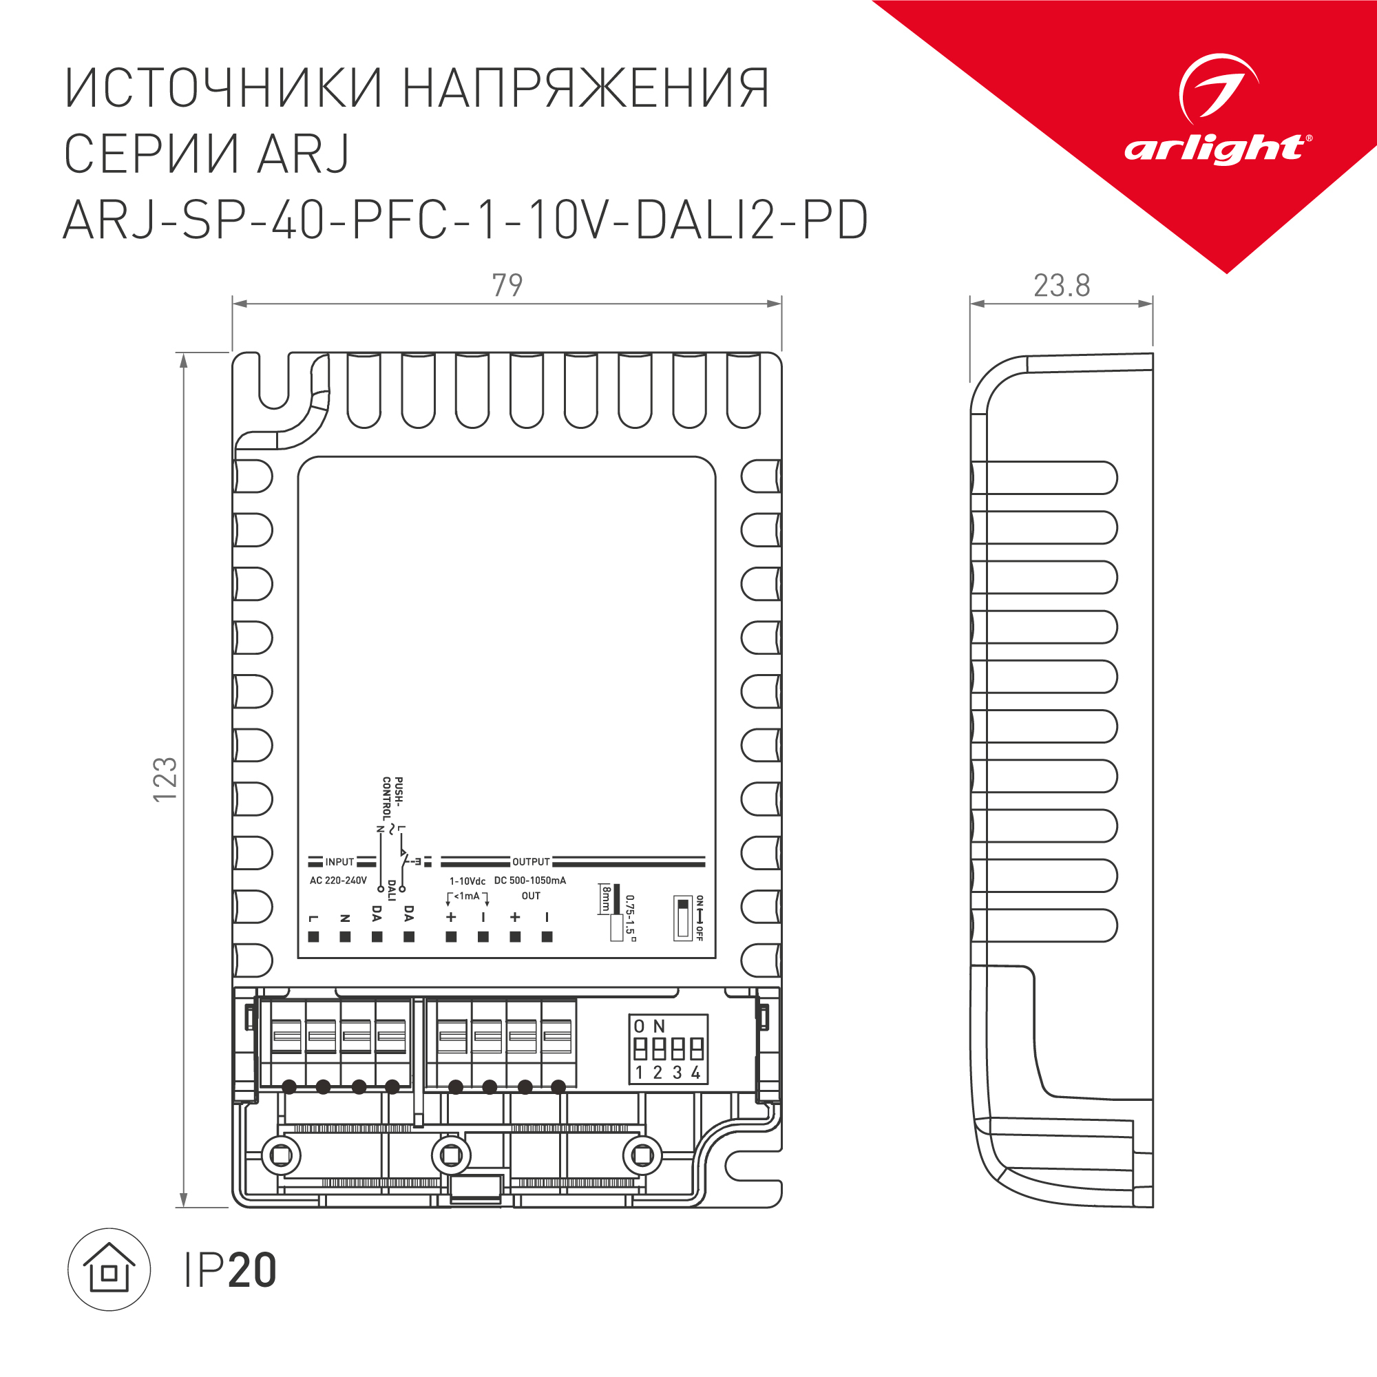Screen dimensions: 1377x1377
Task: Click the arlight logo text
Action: tap(1214, 149)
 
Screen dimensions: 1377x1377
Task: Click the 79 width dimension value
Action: tap(507, 285)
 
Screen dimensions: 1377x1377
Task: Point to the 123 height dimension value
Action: tap(165, 779)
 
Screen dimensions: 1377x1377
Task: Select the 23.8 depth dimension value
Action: tap(1061, 286)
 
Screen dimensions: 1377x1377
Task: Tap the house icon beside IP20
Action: tap(109, 1270)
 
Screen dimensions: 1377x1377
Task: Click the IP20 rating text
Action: tap(229, 1270)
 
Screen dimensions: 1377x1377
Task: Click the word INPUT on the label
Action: tap(339, 862)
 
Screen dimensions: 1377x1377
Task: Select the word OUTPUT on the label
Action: tap(531, 862)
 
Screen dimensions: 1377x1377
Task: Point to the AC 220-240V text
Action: tap(338, 880)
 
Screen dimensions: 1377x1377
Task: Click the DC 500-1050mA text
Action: tap(530, 880)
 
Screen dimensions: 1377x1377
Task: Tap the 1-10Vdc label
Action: tap(467, 881)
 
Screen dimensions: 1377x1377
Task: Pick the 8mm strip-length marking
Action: tap(606, 898)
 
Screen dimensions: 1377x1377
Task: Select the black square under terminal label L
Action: tap(313, 936)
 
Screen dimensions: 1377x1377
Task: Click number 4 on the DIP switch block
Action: tap(695, 1073)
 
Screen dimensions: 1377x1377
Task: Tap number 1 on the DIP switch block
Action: tap(640, 1073)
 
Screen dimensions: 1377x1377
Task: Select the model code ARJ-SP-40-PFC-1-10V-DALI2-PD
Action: tap(465, 220)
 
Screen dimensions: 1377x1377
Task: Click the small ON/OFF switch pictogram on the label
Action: tap(683, 918)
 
